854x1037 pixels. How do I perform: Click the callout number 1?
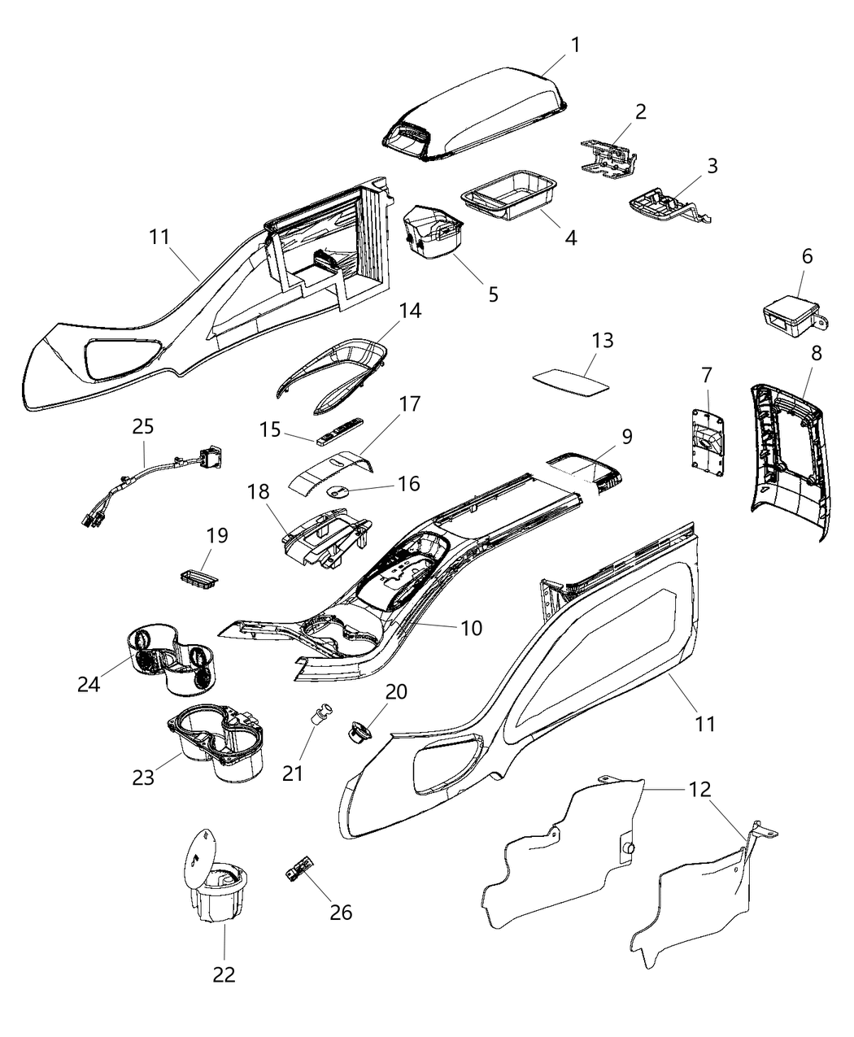(576, 45)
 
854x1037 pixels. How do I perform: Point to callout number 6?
(807, 255)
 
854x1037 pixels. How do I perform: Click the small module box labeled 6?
(789, 315)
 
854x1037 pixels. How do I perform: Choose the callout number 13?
(603, 341)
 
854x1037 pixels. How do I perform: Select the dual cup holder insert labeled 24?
(173, 660)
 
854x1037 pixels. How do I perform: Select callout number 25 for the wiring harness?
(143, 426)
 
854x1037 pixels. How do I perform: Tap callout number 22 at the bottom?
(224, 974)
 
